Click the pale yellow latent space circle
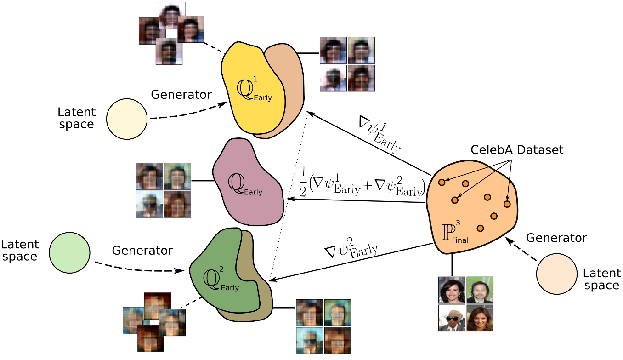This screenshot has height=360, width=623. point(126,119)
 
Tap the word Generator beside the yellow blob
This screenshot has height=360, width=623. point(181,95)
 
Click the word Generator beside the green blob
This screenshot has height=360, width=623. point(142,251)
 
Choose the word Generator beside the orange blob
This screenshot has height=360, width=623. point(556,238)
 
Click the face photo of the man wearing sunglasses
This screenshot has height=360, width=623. point(452,318)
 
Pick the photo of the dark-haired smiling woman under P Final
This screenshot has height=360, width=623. point(452,290)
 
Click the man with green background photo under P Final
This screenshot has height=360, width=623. point(480,290)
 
